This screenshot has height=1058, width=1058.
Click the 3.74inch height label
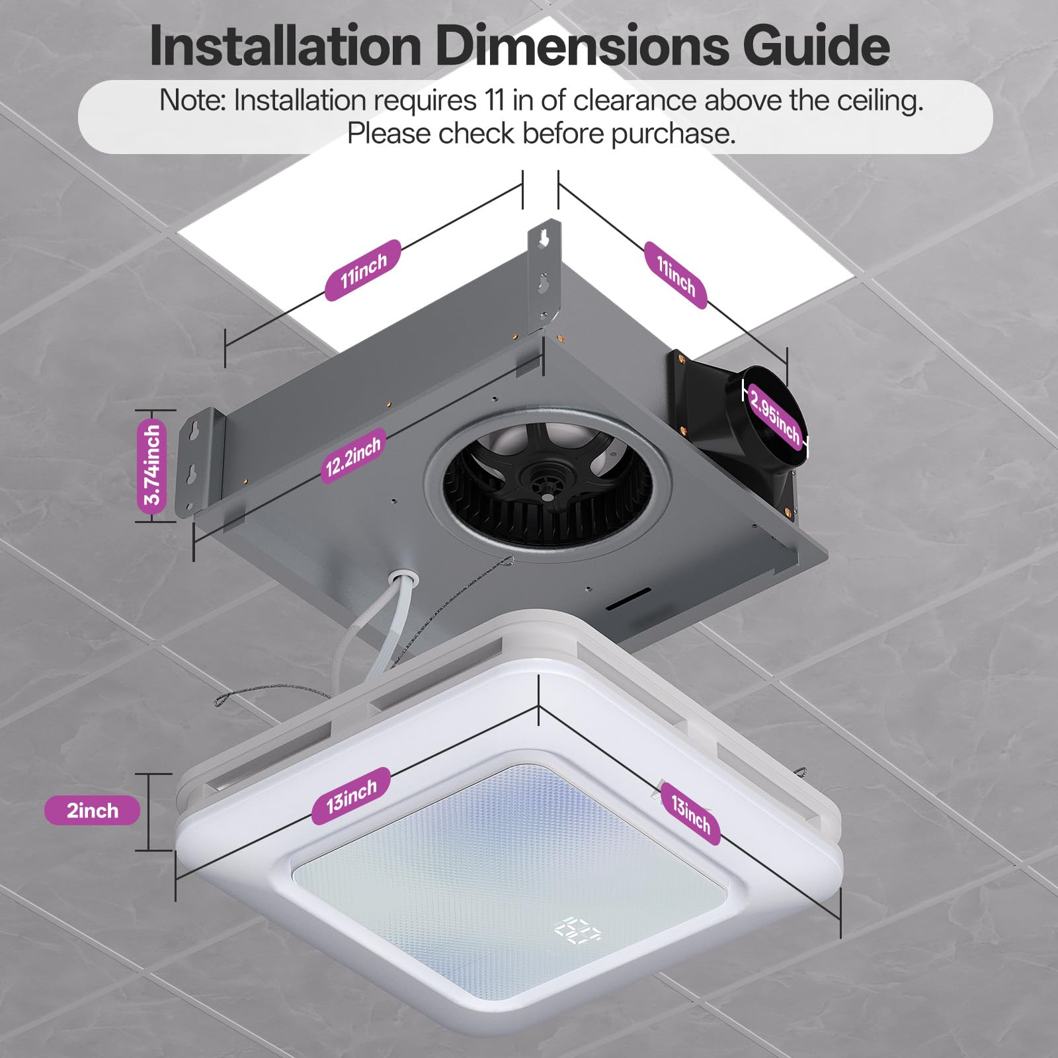click(x=153, y=465)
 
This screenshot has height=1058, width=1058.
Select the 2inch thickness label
click(x=92, y=811)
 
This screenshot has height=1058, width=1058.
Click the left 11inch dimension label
click(x=363, y=270)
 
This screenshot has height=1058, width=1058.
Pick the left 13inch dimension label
click(x=351, y=795)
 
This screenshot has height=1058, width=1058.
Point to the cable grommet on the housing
click(x=403, y=579)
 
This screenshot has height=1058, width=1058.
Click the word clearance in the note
click(x=634, y=101)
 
